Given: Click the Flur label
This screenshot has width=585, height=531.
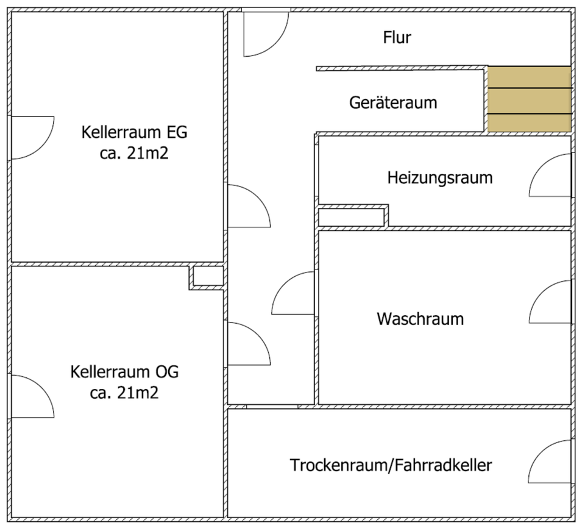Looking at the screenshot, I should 397,38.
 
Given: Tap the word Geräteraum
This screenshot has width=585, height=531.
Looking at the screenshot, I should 393,102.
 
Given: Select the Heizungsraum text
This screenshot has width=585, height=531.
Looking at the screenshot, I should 439,178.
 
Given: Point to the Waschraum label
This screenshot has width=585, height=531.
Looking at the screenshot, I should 420,318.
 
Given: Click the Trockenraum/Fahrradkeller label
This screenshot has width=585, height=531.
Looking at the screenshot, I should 391,466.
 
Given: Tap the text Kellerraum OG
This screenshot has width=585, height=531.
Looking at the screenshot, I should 125,371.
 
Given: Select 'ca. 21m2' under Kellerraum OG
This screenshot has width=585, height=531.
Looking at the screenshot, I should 124,393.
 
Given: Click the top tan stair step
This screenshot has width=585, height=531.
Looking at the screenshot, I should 528,77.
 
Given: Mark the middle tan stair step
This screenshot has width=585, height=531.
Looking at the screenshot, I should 528,101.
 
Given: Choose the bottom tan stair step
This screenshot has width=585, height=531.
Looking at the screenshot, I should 528,122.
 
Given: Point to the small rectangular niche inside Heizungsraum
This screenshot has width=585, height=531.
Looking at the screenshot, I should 352,216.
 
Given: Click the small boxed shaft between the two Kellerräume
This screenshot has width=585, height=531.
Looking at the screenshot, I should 207,277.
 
